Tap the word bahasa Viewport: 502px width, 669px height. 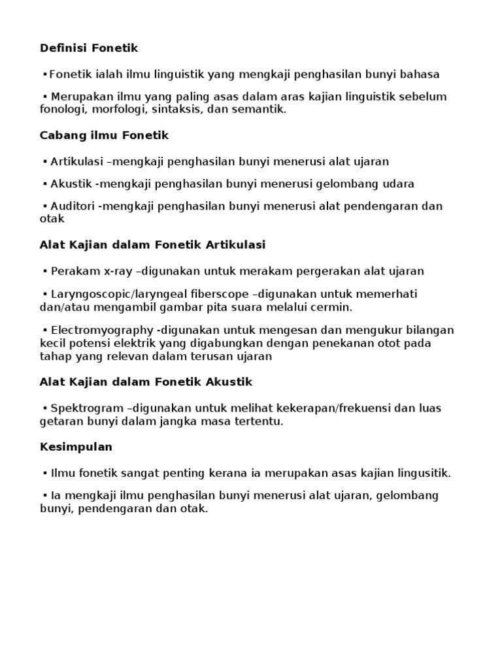(420, 74)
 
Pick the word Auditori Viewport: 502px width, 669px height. (73, 206)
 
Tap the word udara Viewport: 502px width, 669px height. (397, 184)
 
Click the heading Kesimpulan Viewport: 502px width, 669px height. (76, 447)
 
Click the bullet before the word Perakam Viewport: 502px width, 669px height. (44, 271)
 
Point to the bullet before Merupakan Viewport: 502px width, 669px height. (44, 97)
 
